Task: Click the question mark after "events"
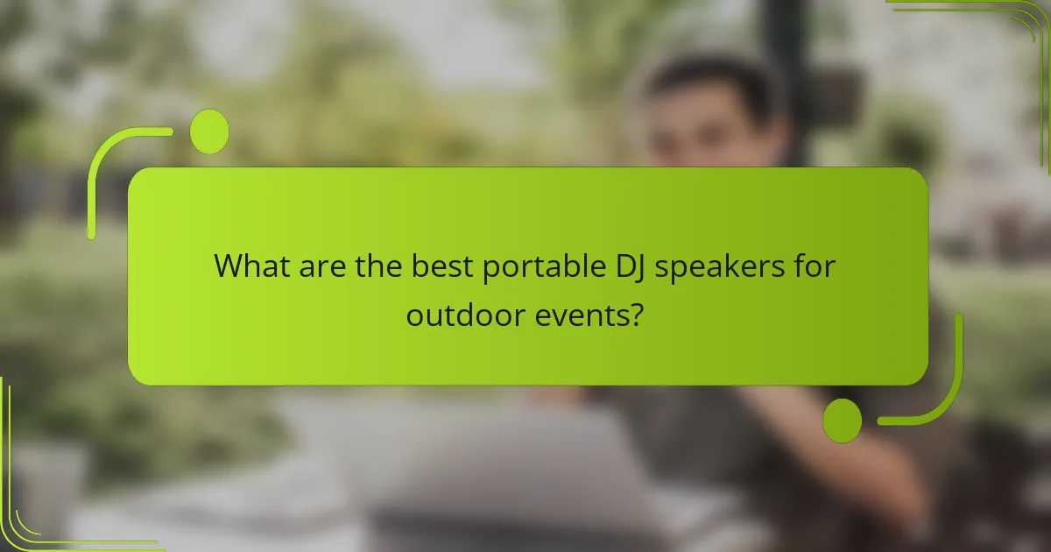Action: (638, 314)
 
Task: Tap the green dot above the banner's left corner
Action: (209, 131)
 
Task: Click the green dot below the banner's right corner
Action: (843, 420)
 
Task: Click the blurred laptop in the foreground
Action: (490, 464)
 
